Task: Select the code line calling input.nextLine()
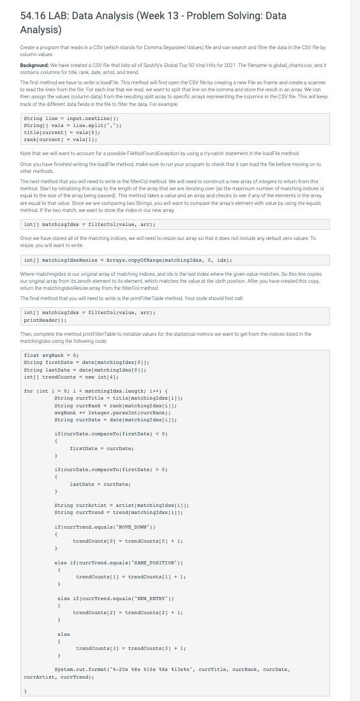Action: (x=60, y=119)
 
